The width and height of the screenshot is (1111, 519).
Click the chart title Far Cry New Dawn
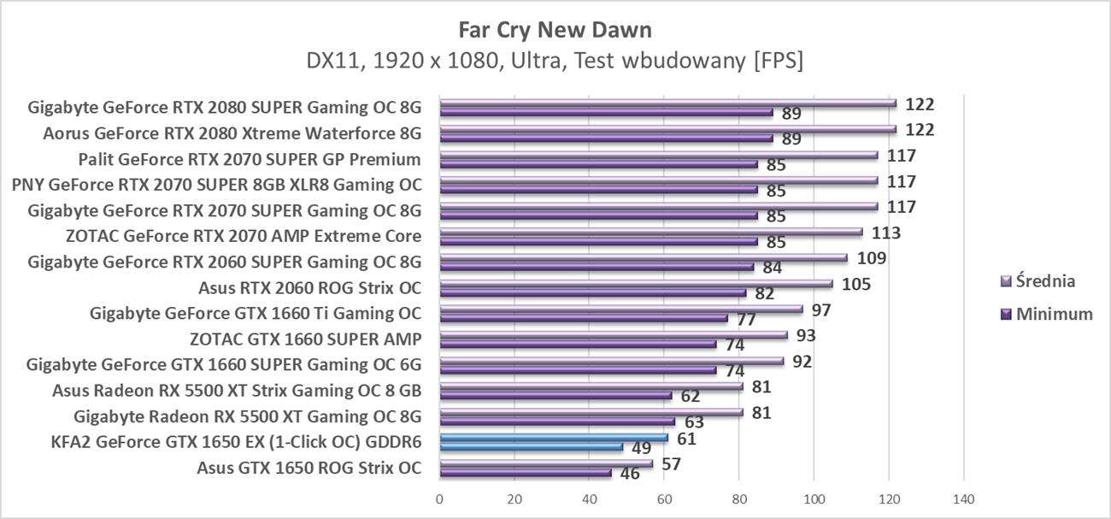click(x=555, y=30)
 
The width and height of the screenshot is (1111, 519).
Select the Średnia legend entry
click(x=1038, y=280)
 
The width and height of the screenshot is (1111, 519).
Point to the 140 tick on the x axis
click(x=963, y=498)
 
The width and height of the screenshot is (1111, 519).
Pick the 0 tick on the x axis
click(x=439, y=498)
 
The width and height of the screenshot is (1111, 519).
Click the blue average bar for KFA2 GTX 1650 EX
click(x=553, y=437)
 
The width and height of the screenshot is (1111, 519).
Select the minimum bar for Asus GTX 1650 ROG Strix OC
click(x=525, y=472)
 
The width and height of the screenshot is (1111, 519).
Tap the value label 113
click(x=885, y=233)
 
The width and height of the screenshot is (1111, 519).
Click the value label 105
click(x=855, y=284)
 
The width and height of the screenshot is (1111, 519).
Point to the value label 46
click(x=630, y=473)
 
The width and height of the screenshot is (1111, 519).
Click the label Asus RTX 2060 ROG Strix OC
click(x=309, y=287)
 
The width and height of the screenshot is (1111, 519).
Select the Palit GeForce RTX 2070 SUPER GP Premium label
click(x=249, y=159)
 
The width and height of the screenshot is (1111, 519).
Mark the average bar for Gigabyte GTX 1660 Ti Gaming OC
click(x=620, y=309)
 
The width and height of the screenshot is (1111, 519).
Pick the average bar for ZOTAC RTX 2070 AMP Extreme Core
click(x=650, y=232)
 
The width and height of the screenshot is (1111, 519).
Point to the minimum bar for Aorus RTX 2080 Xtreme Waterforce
click(x=606, y=138)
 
